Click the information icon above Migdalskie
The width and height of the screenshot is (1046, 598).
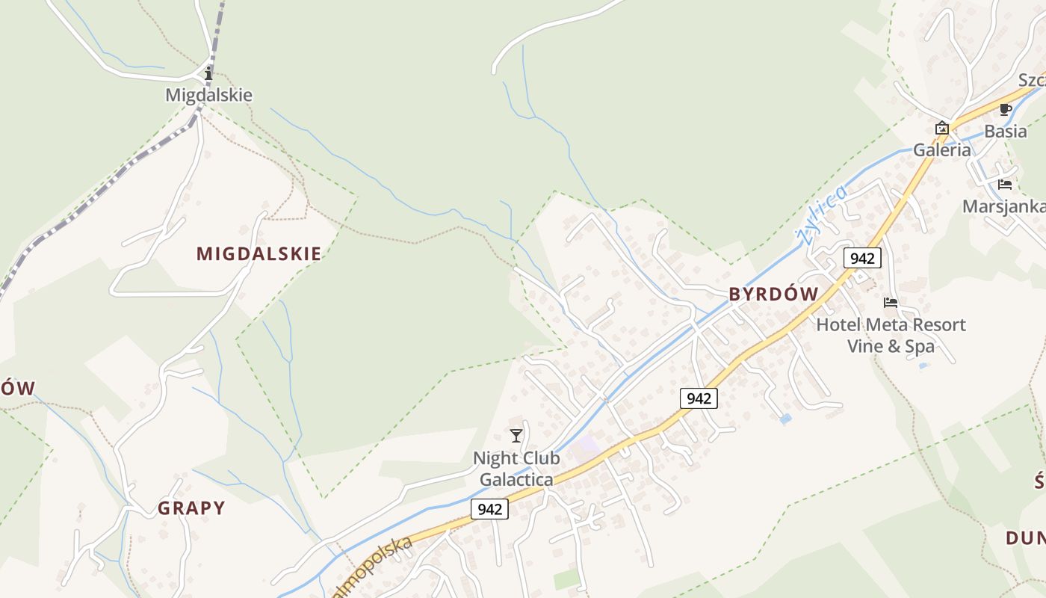[x=208, y=74]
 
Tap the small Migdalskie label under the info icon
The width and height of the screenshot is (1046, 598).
[x=208, y=95]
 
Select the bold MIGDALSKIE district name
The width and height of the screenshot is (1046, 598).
[x=259, y=253]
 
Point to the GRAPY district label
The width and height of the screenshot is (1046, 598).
[x=191, y=508]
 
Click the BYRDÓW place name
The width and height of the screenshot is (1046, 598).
[x=774, y=294]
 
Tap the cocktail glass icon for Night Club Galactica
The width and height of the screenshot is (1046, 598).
[x=516, y=436]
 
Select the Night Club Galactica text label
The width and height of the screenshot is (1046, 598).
[x=516, y=469]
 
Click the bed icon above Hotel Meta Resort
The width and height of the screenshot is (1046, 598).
[x=891, y=303]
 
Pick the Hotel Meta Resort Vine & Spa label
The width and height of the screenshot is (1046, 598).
[x=891, y=336]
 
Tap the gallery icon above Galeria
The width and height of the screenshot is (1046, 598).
[x=942, y=128]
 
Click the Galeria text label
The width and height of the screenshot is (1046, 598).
[x=942, y=149]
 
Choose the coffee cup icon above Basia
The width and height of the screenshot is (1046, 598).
[x=1006, y=110]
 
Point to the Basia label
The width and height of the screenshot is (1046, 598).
[x=1006, y=131]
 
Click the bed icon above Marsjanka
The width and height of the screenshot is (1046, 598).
[x=1005, y=185]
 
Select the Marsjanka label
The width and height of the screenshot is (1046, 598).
[x=1003, y=206]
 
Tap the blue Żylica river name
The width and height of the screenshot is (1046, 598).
[x=823, y=214]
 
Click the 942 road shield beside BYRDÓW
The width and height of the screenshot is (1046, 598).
[x=862, y=258]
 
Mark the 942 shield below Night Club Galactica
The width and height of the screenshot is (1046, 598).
[x=489, y=509]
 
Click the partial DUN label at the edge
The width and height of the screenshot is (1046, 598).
[x=1025, y=537]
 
